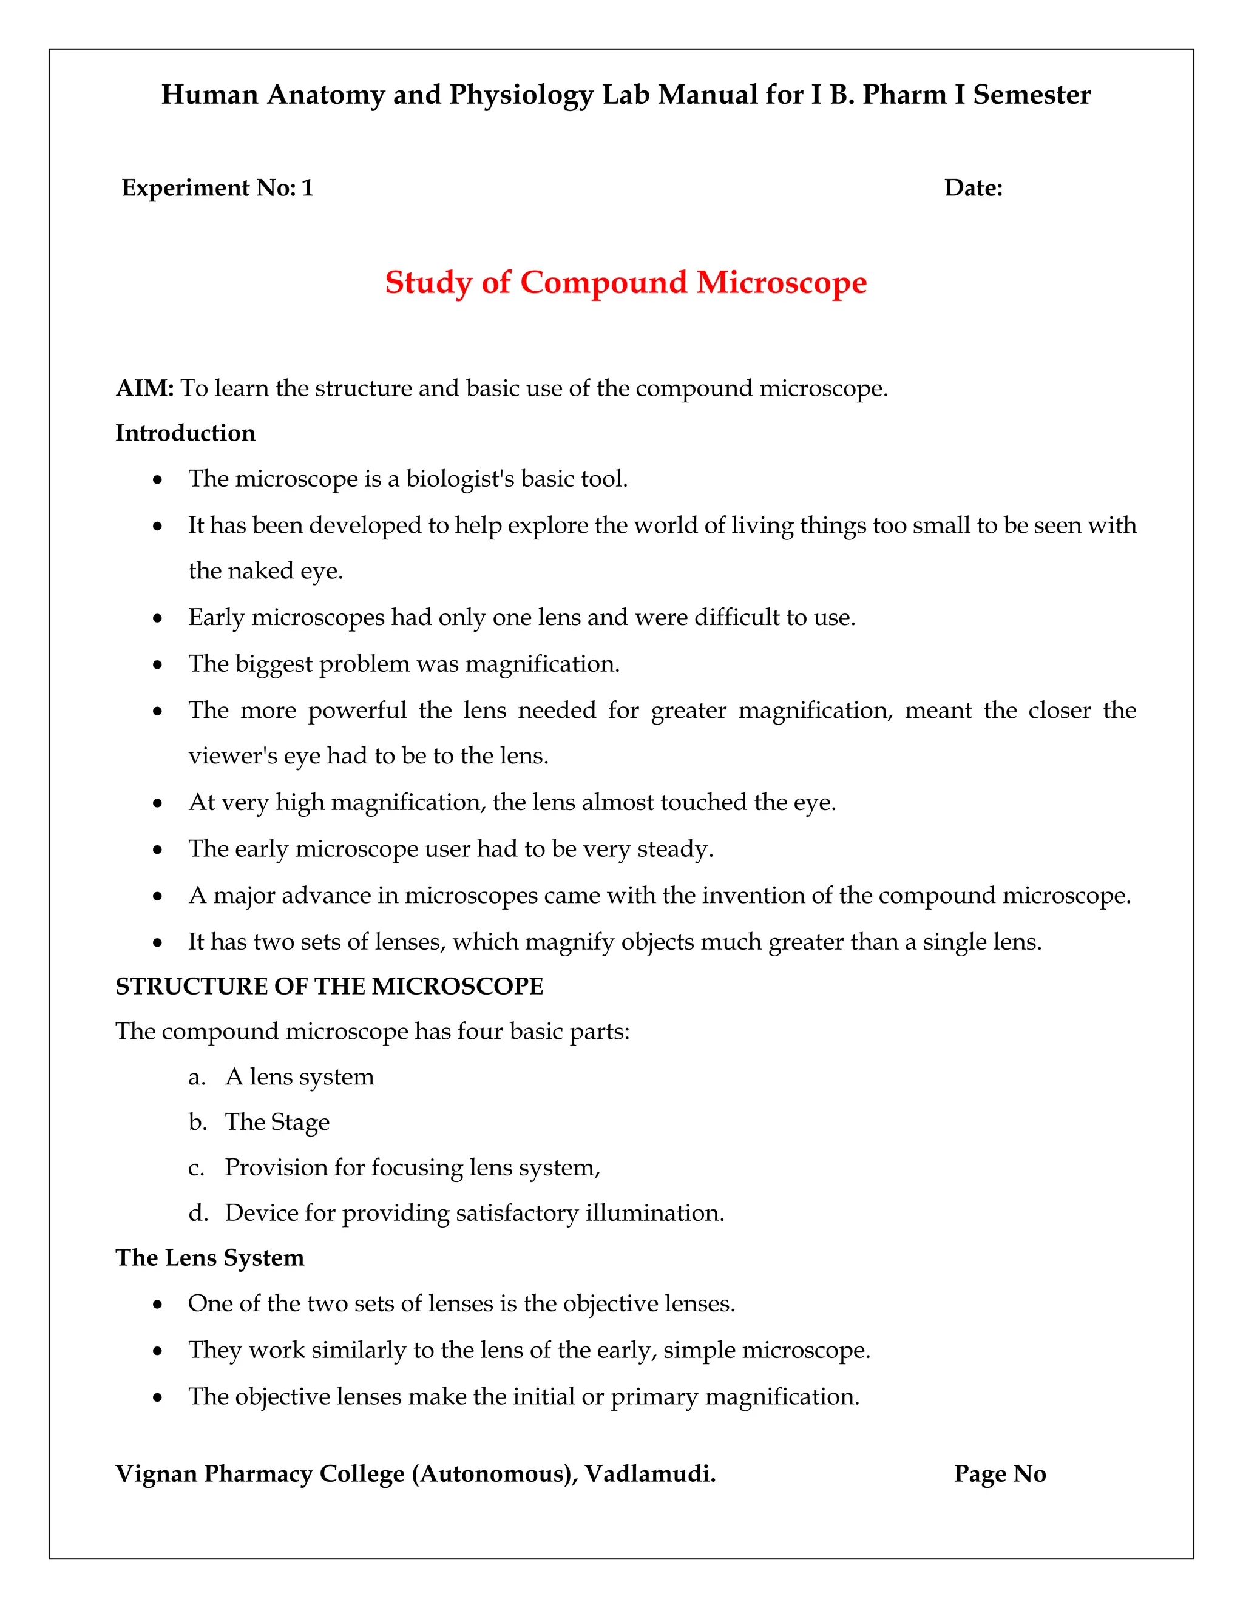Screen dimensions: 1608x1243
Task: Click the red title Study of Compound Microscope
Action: point(625,283)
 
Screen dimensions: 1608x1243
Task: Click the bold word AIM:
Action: point(144,388)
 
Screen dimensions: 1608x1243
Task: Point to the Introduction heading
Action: point(186,433)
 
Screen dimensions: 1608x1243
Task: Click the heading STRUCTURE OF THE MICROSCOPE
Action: point(329,986)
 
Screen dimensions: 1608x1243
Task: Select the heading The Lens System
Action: point(210,1257)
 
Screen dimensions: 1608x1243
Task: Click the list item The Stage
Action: point(277,1122)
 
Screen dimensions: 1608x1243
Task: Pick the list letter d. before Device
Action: point(197,1212)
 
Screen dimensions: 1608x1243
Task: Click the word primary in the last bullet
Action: point(653,1397)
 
